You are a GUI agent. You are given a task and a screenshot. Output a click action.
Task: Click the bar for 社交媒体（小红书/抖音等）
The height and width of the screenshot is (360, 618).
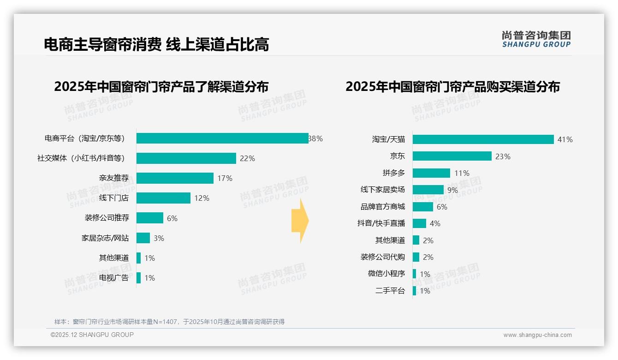(x=186, y=158)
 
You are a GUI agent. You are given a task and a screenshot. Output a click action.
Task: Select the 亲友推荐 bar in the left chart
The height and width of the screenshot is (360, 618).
(x=175, y=178)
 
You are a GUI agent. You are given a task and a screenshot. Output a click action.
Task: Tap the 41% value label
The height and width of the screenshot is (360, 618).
(x=565, y=139)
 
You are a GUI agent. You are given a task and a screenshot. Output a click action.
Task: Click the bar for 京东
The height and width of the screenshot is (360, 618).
(x=452, y=156)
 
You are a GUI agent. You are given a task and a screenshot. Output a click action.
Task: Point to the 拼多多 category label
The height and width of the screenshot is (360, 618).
(x=393, y=173)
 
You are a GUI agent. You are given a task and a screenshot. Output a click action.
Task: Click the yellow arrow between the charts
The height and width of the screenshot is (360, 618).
(x=300, y=221)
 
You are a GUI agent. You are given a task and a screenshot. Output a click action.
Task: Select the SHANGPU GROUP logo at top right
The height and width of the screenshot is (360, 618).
(x=536, y=39)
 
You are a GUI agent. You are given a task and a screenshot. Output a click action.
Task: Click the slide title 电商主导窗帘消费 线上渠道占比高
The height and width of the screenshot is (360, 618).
(x=156, y=44)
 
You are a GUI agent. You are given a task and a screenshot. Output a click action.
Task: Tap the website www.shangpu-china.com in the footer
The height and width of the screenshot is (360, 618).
(x=537, y=335)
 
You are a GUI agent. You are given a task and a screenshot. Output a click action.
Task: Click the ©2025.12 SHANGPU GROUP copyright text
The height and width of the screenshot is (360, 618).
(x=92, y=335)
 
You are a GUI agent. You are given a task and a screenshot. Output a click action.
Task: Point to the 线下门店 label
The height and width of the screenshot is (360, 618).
(x=114, y=198)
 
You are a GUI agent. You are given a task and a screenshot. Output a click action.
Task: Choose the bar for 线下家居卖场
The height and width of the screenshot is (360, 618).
(x=428, y=190)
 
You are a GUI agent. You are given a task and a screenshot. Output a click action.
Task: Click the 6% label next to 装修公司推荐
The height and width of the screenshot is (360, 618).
(x=172, y=218)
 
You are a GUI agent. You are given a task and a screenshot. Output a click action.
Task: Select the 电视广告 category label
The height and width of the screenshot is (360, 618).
(x=114, y=278)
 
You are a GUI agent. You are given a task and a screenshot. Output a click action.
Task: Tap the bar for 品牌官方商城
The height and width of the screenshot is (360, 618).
(x=423, y=207)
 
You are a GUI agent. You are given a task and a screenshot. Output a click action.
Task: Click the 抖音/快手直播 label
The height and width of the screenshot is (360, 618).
(x=381, y=223)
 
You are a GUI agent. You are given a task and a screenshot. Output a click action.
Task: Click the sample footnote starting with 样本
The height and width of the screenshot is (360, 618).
(x=169, y=322)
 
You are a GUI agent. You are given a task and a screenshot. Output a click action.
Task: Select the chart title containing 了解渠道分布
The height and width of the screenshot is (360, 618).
(x=161, y=87)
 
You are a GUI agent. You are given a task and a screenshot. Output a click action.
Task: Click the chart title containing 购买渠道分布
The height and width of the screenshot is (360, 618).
(x=452, y=87)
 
